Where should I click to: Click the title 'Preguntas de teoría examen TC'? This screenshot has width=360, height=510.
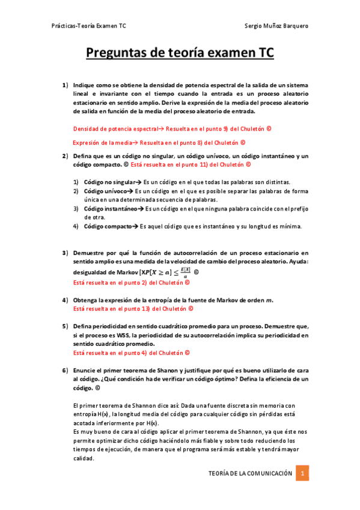coord(180,54)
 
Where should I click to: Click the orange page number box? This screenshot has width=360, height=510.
coord(304,473)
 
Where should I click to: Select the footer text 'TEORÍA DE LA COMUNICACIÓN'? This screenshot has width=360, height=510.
coord(250,474)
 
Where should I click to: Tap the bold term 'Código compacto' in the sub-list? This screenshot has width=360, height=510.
coord(106,226)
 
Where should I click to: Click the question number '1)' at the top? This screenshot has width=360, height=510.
coord(66,85)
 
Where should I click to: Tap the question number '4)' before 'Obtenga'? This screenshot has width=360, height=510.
coord(66,300)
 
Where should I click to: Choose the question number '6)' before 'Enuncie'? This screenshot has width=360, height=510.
coord(66,370)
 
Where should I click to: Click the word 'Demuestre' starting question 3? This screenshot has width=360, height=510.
coord(88,253)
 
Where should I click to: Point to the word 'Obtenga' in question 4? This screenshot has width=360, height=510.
coord(85,300)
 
